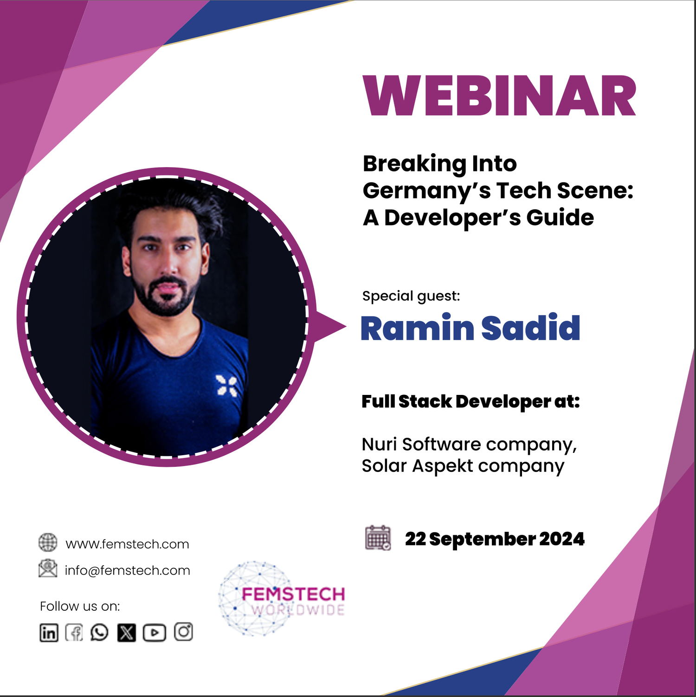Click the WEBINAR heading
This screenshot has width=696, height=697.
pyautogui.click(x=500, y=96)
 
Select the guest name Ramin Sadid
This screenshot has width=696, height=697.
pyautogui.click(x=470, y=328)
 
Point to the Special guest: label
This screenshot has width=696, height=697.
pyautogui.click(x=411, y=296)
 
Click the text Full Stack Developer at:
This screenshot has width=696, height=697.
pyautogui.click(x=470, y=402)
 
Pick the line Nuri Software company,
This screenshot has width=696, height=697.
pyautogui.click(x=469, y=445)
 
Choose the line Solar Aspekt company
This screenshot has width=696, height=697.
pyautogui.click(x=463, y=466)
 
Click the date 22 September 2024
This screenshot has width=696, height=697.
pyautogui.click(x=495, y=539)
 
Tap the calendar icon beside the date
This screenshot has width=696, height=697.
pyautogui.click(x=378, y=538)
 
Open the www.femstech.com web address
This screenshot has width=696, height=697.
pyautogui.click(x=127, y=544)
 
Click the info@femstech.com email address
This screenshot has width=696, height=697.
pyautogui.click(x=127, y=570)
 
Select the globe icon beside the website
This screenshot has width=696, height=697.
pyautogui.click(x=48, y=542)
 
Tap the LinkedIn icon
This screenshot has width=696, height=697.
pyautogui.click(x=49, y=632)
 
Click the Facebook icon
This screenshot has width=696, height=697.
pyautogui.click(x=74, y=632)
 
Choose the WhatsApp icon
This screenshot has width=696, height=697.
pyautogui.click(x=99, y=632)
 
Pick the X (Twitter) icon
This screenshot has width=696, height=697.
pyautogui.click(x=126, y=632)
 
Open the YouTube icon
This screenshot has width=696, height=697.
pyautogui.click(x=154, y=632)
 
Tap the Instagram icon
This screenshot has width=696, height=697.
pyautogui.click(x=183, y=632)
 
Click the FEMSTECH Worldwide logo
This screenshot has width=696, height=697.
pyautogui.click(x=282, y=599)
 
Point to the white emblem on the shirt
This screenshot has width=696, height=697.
pyautogui.click(x=227, y=386)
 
